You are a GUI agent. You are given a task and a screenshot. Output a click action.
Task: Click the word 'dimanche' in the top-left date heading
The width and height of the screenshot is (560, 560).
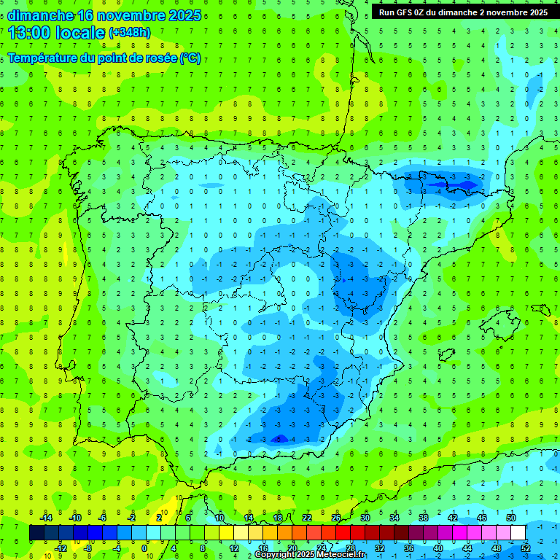tap(40, 15)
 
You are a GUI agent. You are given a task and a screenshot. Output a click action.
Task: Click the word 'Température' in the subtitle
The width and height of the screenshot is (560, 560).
tap(44, 58)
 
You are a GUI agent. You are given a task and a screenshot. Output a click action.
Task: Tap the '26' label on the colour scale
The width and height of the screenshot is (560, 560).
tap(336, 517)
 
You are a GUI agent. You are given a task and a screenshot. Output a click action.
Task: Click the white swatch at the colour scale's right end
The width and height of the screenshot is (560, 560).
tap(518, 533)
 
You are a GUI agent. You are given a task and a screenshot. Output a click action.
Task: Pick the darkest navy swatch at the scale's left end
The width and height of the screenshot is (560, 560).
tap(36, 533)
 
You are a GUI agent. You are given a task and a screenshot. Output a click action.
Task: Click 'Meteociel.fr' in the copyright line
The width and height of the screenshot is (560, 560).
tap(340, 555)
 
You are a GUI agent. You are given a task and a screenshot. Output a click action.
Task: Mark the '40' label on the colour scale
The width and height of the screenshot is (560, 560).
tap(438, 548)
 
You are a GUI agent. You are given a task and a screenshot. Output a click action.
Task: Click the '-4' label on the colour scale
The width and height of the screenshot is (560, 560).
tap(117, 548)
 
